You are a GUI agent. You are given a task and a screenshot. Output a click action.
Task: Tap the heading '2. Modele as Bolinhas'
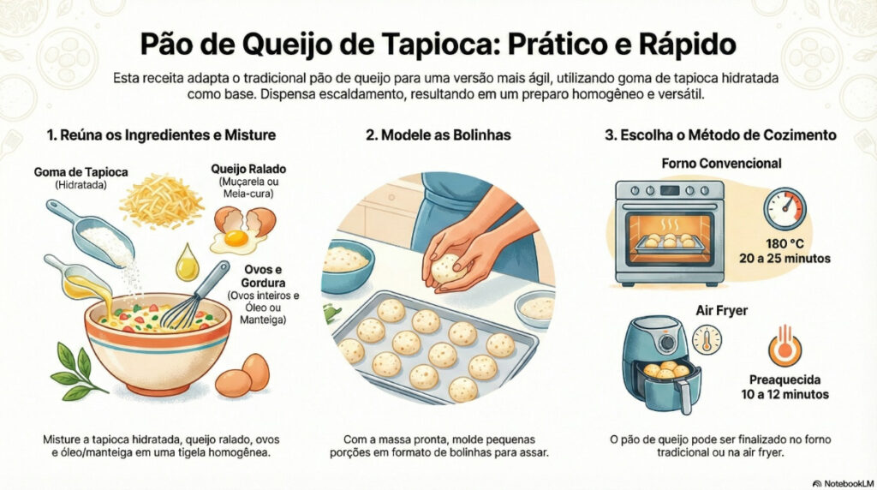[438, 134]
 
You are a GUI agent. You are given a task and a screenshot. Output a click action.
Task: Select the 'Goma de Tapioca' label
[81, 171]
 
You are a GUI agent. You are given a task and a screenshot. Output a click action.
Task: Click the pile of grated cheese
[162, 200]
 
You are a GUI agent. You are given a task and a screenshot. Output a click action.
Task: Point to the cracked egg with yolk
[241, 230]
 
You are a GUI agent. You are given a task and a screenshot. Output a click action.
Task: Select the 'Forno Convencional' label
[721, 164]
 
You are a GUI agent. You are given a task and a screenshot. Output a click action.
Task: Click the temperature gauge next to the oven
[785, 209]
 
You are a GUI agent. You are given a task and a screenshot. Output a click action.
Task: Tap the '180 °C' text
[785, 244]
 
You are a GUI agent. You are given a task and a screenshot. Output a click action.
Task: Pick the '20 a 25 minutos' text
[785, 259]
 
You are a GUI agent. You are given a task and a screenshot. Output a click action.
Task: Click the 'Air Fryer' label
[721, 310]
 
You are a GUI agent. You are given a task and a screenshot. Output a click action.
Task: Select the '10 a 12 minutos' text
[785, 394]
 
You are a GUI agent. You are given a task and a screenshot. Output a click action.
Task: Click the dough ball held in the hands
[447, 268]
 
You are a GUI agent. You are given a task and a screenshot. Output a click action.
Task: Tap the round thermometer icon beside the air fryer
[707, 339]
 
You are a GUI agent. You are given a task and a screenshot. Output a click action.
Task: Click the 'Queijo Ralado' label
[248, 169]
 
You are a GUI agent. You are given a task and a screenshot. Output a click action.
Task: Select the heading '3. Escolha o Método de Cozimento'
[720, 134]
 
